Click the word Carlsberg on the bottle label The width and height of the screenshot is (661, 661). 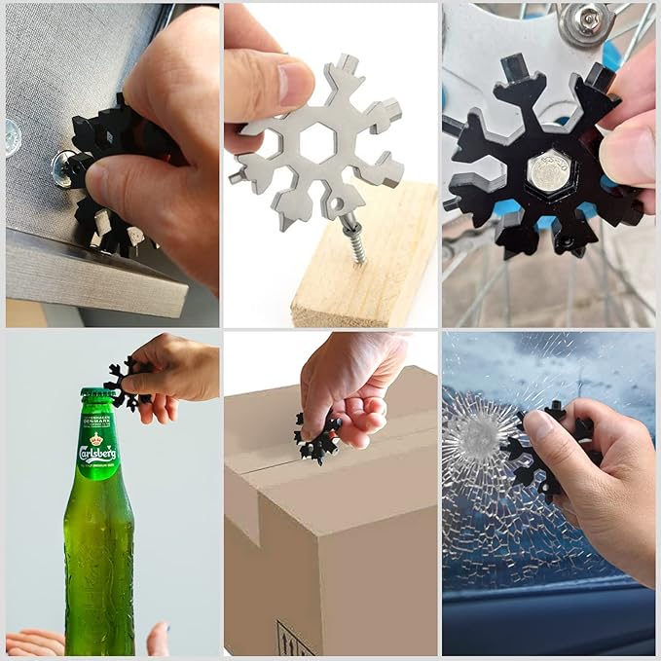(x=98, y=453)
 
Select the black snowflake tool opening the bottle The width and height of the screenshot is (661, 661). (x=125, y=384)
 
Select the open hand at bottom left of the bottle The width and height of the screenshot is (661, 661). (x=34, y=642)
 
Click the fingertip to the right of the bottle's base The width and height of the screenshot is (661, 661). (x=157, y=638)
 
